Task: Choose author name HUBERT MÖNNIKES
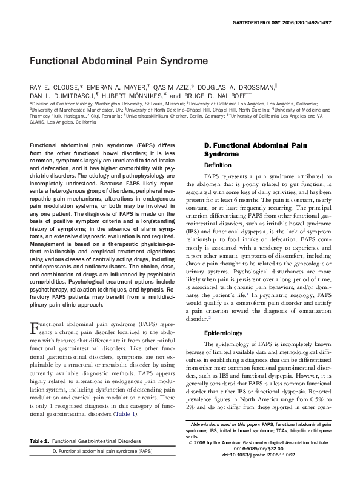[x=128, y=96]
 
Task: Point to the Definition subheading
[x=218, y=165]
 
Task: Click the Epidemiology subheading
[x=224, y=333]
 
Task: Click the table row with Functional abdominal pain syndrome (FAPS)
[x=102, y=468]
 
